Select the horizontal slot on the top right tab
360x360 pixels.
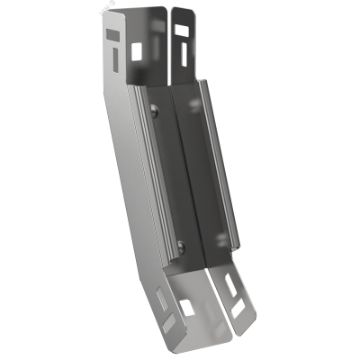tap(181, 28)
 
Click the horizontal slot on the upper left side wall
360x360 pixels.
tap(111, 33)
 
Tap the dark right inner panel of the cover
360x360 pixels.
tap(201, 180)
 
